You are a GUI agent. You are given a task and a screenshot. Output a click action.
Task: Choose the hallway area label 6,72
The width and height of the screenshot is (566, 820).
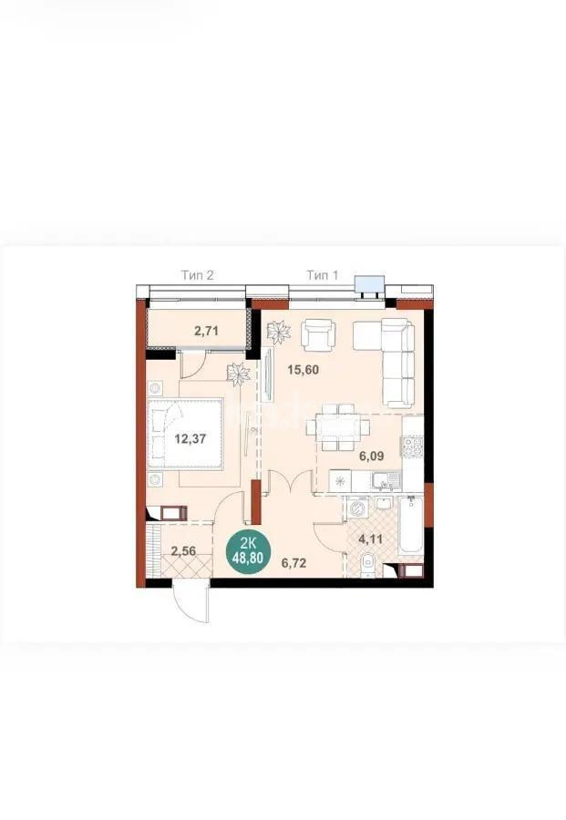pos(293,562)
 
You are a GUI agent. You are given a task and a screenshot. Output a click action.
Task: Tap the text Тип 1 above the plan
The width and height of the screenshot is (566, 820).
pos(322,274)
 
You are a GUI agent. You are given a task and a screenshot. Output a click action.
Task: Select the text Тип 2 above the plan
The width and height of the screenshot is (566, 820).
pos(198,274)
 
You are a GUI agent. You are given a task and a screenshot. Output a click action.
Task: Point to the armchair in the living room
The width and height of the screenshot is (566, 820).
pos(318,336)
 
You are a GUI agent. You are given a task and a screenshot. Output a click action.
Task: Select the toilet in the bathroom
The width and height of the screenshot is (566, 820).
pos(366,563)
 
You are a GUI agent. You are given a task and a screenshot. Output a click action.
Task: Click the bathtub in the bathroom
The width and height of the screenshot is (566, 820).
pos(409,529)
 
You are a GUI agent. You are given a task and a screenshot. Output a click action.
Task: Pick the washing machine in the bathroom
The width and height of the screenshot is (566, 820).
pos(357,507)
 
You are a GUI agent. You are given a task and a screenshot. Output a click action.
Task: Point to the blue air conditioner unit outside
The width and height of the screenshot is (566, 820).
pos(370,284)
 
